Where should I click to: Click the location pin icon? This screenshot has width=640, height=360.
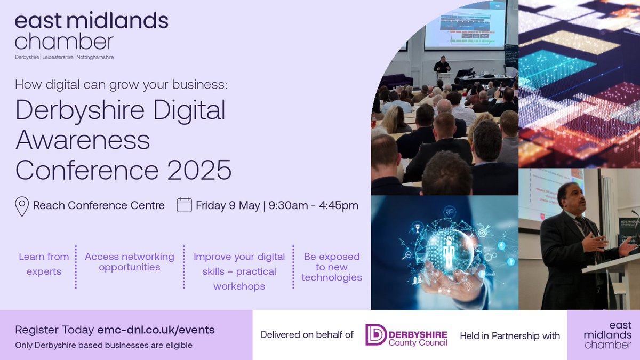[x=22, y=206]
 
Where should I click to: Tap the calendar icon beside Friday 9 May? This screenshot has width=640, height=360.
[x=184, y=205]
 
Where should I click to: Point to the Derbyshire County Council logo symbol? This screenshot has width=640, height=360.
[x=375, y=335]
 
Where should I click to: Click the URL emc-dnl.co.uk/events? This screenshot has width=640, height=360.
[x=156, y=330]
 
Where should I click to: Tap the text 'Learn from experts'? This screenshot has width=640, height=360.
[x=44, y=264]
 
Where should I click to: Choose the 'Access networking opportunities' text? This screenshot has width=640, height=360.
[x=130, y=262]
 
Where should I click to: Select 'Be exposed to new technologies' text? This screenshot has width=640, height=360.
[x=332, y=267]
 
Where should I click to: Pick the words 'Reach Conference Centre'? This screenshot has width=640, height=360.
[x=99, y=205]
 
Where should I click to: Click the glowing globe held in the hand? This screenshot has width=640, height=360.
[x=447, y=251]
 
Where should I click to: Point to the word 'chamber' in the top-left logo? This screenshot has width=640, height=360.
[x=64, y=42]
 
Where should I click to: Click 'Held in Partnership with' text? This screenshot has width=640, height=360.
[x=510, y=335]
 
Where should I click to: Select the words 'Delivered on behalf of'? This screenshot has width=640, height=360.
[x=307, y=335]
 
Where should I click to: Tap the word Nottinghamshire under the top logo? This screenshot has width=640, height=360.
[x=95, y=57]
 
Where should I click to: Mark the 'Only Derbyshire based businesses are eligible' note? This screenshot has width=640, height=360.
[x=103, y=345]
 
